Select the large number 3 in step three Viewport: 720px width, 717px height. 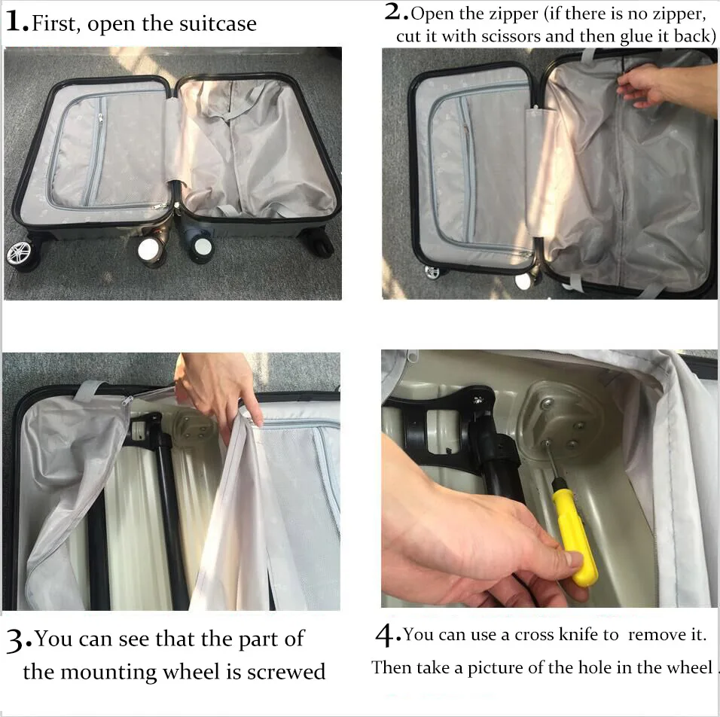click(x=16, y=642)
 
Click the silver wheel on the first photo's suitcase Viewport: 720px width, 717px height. click(x=20, y=253)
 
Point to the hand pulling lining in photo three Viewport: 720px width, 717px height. click(x=218, y=388)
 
